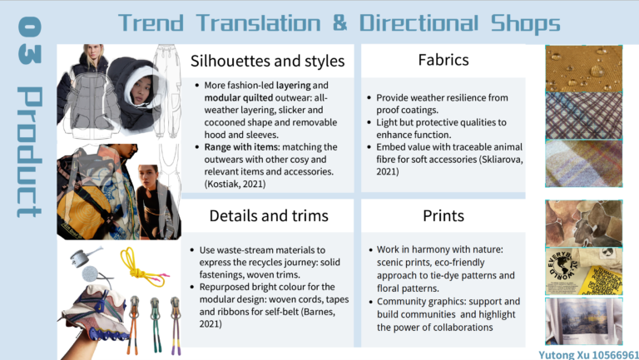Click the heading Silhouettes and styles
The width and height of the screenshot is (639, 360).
click(267, 61)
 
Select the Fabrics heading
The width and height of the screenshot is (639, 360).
click(443, 60)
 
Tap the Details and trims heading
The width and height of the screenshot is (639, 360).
click(269, 216)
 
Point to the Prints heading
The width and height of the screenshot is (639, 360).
click(443, 216)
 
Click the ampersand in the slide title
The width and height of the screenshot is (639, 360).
click(339, 22)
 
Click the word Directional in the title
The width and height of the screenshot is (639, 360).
click(419, 23)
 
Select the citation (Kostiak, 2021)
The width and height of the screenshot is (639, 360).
click(235, 184)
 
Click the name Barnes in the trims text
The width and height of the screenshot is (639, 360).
click(318, 312)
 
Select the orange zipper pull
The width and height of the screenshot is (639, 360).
click(135, 324)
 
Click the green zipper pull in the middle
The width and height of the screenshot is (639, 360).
click(156, 324)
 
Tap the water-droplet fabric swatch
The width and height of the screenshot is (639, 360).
click(583, 68)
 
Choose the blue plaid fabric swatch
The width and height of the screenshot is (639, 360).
click(583, 116)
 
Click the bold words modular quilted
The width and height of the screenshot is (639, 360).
click(239, 98)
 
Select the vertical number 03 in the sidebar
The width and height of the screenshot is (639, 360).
click(30, 40)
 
